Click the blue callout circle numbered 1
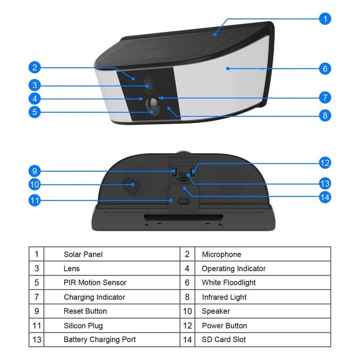tap(325, 19)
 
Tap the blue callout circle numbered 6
tap(325, 68)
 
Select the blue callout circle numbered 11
tap(35, 200)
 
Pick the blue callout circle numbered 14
tap(325, 197)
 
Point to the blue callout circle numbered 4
tap(35, 99)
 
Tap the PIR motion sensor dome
tap(153, 107)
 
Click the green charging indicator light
tap(160, 98)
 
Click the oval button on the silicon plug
tap(184, 201)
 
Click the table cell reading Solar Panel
tap(83, 254)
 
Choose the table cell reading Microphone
tap(222, 254)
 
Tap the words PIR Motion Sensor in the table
tap(95, 283)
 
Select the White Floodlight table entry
tap(229, 283)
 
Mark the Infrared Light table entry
tap(224, 297)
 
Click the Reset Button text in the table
tap(85, 311)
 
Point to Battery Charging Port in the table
tap(100, 339)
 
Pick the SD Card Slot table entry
tap(224, 339)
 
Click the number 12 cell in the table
tap(187, 325)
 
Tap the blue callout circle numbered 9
tap(35, 171)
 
